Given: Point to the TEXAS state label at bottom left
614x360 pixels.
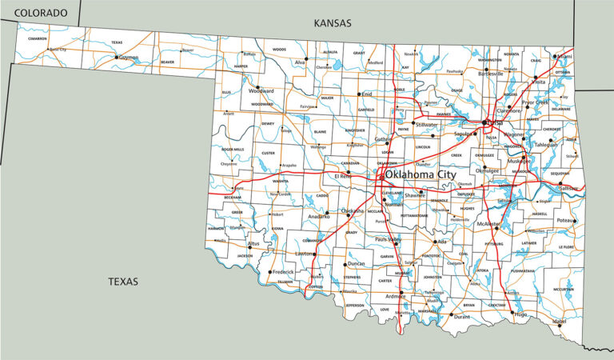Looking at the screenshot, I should pyautogui.click(x=123, y=282).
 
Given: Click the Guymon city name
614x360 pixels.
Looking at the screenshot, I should pyautogui.click(x=129, y=58).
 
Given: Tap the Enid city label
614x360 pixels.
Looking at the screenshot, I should pyautogui.click(x=366, y=94).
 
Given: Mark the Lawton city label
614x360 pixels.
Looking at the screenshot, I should pyautogui.click(x=305, y=254).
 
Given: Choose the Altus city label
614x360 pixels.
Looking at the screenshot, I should pyautogui.click(x=253, y=243).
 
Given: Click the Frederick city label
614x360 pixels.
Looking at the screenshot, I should pyautogui.click(x=283, y=272).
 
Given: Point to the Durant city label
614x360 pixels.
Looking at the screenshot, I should pyautogui.click(x=461, y=317).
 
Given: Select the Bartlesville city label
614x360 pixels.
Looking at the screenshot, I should pyautogui.click(x=490, y=73).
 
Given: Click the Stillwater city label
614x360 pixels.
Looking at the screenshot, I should pyautogui.click(x=426, y=125).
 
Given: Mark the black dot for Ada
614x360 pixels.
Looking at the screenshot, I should pyautogui.click(x=435, y=242).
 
